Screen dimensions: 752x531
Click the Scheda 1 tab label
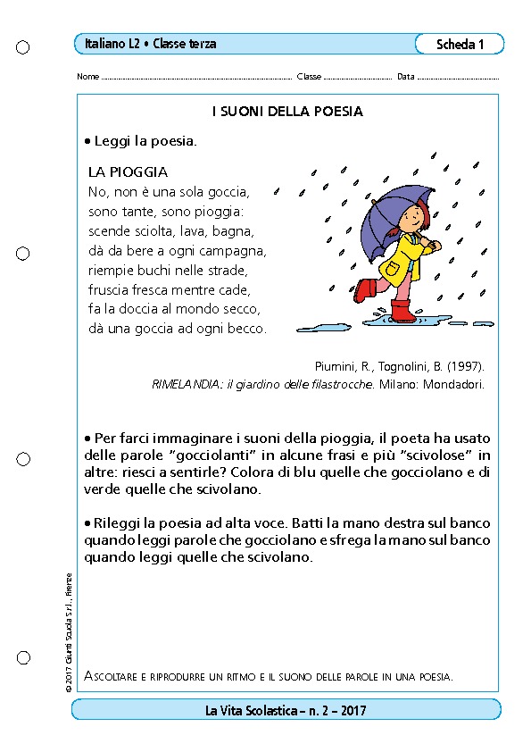(x=460, y=45)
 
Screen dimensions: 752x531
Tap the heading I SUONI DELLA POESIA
(x=286, y=112)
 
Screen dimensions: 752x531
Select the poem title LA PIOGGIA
(x=129, y=171)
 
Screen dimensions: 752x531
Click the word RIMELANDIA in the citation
(x=185, y=385)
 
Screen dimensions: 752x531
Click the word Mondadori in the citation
(x=454, y=385)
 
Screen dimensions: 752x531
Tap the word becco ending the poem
(x=247, y=329)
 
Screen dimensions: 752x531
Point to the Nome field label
(x=87, y=77)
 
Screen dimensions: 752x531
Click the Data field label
(x=405, y=77)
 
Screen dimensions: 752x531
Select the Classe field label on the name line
(x=309, y=77)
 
